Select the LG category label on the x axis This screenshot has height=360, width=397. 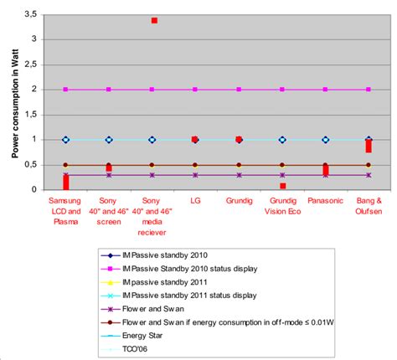click(195, 202)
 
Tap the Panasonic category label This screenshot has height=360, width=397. click(325, 202)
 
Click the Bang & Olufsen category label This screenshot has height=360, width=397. click(369, 207)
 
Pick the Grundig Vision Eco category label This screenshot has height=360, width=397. click(282, 207)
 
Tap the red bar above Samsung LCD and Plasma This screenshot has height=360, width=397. click(65, 182)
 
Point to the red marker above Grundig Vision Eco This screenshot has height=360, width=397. click(282, 186)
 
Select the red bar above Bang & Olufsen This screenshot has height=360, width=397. click(369, 146)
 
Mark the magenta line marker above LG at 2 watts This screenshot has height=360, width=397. click(195, 90)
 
